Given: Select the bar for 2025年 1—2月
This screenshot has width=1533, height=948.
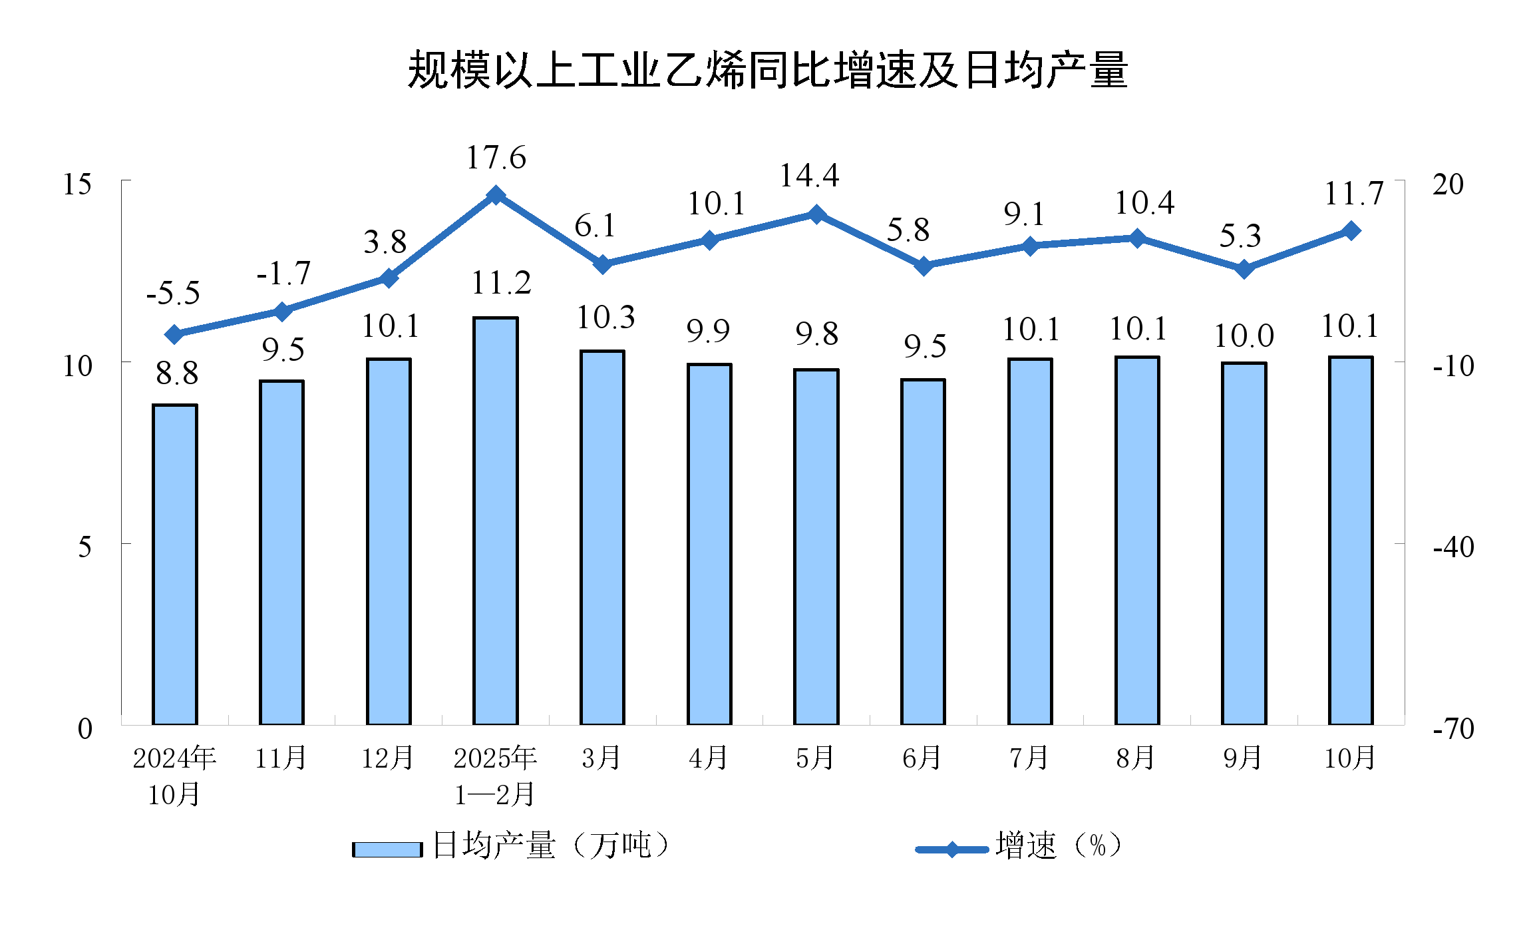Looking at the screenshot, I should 495,521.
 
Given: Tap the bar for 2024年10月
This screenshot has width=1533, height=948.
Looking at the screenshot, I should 175,565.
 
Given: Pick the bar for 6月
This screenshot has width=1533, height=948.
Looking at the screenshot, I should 923,551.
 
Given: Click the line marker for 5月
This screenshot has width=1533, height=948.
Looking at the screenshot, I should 816,214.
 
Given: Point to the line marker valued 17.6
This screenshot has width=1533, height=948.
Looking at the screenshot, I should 496,195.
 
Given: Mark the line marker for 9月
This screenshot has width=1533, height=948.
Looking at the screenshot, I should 1244,269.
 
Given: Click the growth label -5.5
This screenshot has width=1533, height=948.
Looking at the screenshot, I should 173,294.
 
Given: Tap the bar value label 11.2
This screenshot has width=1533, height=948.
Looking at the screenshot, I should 501,284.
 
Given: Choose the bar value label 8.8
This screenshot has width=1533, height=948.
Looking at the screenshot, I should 177,373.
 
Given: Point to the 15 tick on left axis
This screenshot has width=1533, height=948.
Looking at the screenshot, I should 77,184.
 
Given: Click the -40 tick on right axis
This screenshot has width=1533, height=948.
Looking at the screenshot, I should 1454,547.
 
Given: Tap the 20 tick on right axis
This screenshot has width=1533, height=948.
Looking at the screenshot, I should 1448,184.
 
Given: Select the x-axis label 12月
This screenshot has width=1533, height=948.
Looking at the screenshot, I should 387,758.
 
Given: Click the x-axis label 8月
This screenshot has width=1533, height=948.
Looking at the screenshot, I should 1136,758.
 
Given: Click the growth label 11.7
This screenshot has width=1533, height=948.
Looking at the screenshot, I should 1353,194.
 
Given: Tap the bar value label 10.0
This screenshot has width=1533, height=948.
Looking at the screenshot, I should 1244,336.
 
